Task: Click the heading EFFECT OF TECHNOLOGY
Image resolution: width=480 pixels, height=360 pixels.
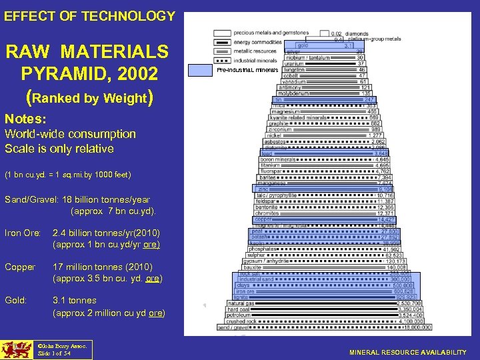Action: click(89, 16)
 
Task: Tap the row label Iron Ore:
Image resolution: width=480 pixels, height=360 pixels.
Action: click(23, 233)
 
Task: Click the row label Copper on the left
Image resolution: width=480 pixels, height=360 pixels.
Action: click(20, 267)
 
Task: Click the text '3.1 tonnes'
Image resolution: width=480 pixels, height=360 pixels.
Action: click(74, 300)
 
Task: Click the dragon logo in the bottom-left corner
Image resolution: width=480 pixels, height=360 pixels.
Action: click(15, 349)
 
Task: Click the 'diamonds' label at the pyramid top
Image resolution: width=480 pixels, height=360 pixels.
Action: click(356, 33)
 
